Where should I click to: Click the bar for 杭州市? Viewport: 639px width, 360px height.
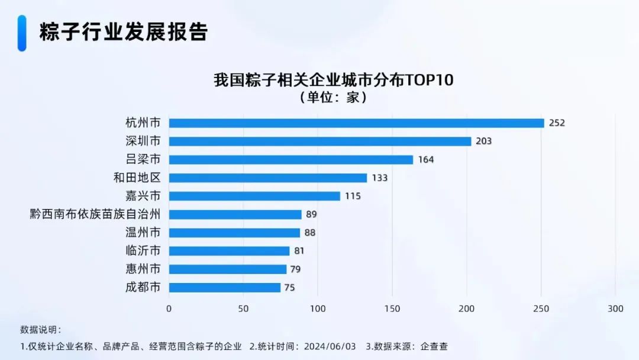356,123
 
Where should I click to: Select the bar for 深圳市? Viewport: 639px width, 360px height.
320,142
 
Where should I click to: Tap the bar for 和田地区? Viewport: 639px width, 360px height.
268,178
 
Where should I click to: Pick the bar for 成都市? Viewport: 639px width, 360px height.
225,288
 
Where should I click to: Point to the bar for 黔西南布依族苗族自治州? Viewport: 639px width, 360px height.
235,214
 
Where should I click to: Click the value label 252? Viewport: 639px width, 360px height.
557,123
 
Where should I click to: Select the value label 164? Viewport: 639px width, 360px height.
426,160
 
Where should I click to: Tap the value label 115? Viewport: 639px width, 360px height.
353,196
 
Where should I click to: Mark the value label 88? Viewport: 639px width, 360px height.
310,233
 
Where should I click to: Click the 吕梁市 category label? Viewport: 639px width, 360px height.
143,160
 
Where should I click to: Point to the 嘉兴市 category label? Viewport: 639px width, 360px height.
143,196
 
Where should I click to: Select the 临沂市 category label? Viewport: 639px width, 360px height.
143,251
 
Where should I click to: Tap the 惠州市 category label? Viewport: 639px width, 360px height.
143,269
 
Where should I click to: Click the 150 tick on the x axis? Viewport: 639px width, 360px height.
392,309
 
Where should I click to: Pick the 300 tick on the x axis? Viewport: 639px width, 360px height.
615,309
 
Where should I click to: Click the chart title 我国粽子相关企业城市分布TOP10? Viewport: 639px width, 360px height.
334,80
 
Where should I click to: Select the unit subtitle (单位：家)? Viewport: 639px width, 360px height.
334,98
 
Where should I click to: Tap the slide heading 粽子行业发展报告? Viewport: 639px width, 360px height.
124,32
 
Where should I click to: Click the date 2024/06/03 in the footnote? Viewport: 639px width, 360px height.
329,346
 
